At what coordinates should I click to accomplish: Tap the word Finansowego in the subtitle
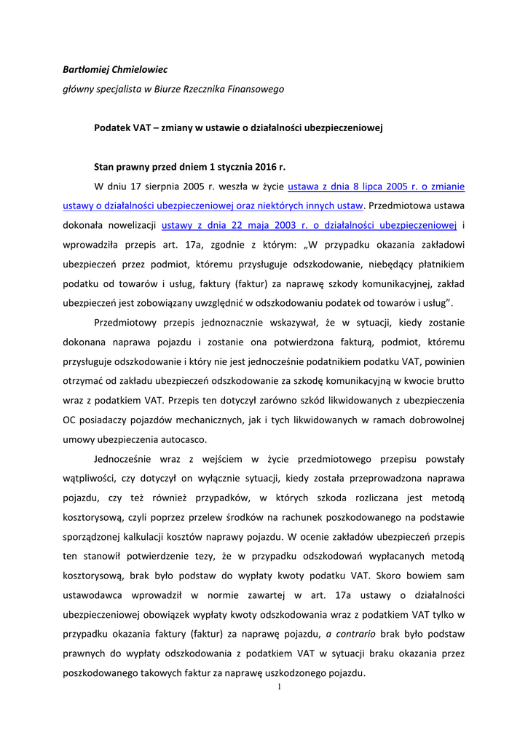click(254, 89)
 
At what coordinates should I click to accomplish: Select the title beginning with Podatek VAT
click(238, 127)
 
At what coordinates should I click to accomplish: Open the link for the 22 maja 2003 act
click(309, 225)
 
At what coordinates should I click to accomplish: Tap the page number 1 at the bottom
click(279, 686)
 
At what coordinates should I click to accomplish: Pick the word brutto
click(449, 380)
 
